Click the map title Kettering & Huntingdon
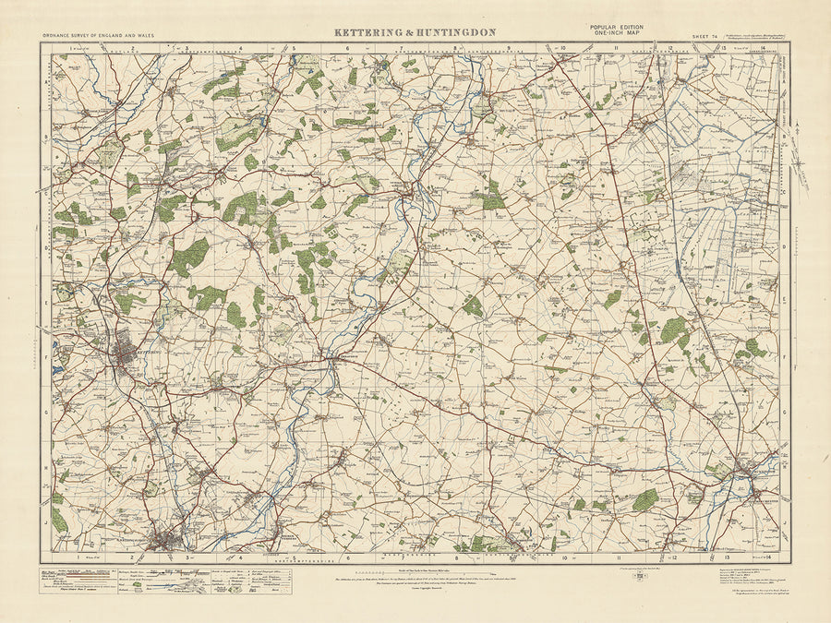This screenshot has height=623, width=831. click(415, 32)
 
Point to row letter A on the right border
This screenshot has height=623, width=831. click(786, 79)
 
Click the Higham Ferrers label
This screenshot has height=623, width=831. click(288, 535)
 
